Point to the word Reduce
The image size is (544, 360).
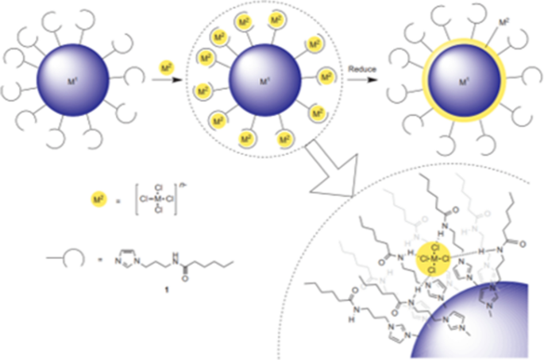tap(361, 71)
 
